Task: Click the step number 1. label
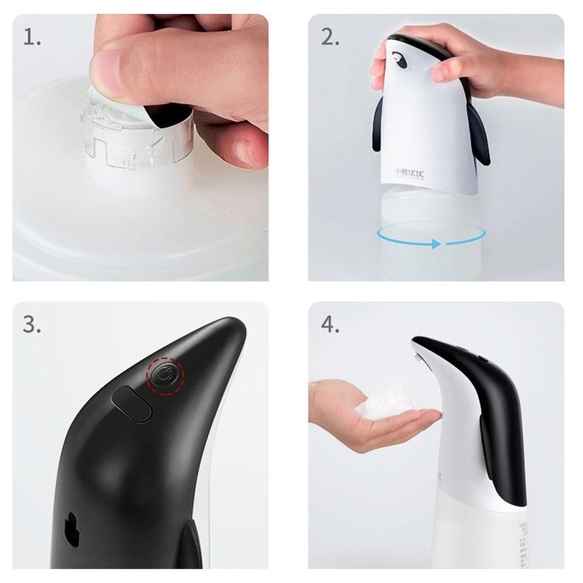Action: coord(32,37)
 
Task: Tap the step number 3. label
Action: coord(32,325)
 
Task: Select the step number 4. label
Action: coord(330,325)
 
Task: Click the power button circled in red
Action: coord(164,376)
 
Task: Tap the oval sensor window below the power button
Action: coord(131,403)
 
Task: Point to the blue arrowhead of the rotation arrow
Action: coord(436,244)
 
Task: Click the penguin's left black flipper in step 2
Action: coord(379,122)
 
